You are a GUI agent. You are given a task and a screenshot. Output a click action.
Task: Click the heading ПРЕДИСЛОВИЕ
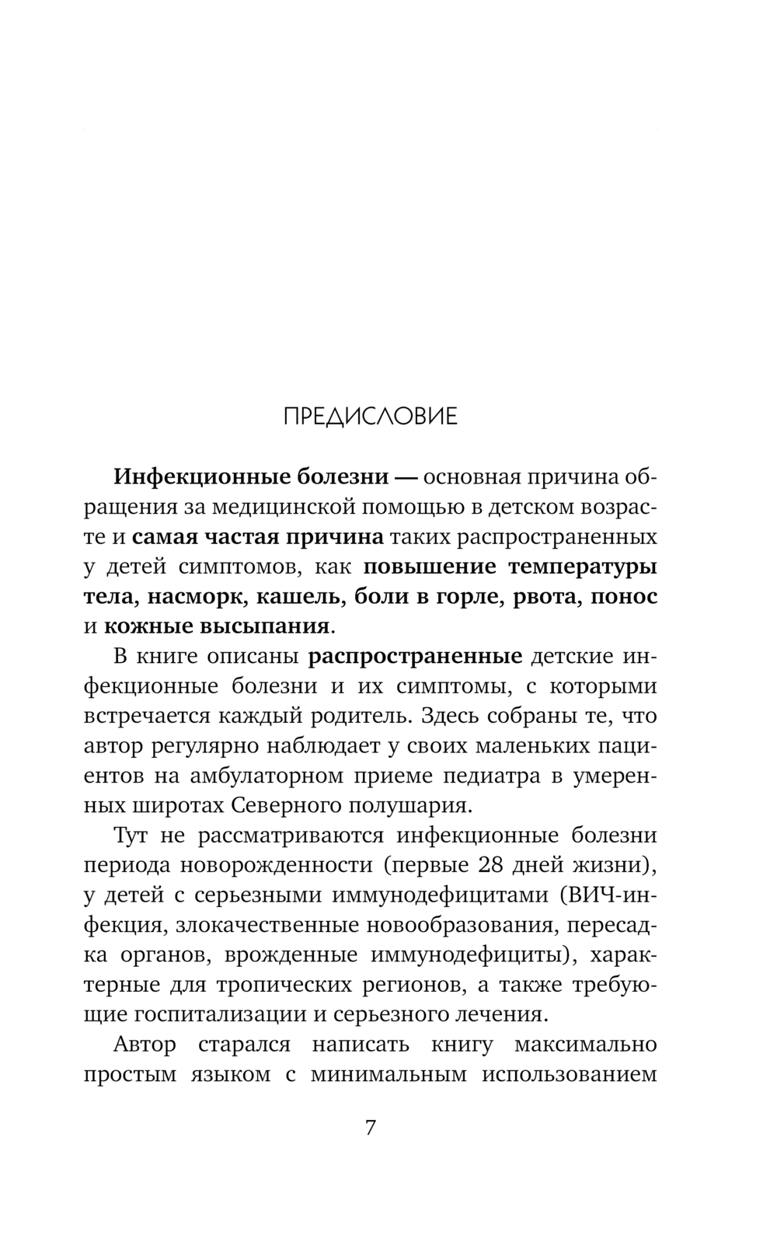[x=370, y=417]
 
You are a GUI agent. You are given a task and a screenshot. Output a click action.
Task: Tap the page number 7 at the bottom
[x=371, y=1128]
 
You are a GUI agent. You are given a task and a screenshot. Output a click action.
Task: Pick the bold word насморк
[x=197, y=597]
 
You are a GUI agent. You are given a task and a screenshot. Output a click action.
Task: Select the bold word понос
[x=625, y=597]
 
